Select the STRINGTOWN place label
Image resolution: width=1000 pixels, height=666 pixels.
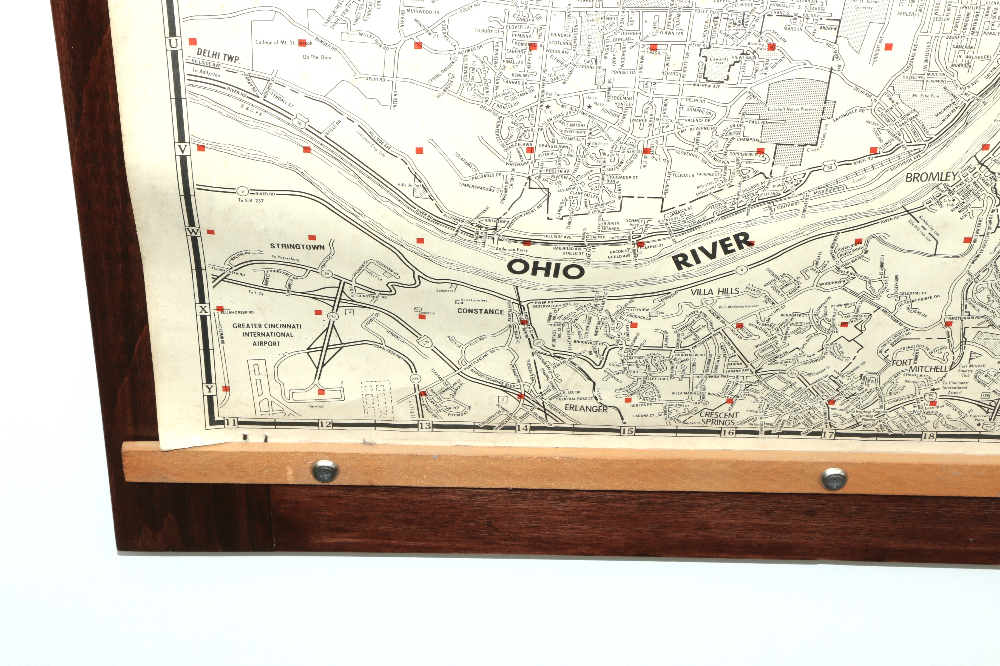(297, 246)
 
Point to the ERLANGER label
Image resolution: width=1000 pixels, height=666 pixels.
(586, 409)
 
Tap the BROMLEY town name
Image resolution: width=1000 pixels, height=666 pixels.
(931, 177)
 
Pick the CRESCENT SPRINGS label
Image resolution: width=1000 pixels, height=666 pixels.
(718, 418)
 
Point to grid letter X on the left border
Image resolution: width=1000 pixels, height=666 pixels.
(203, 310)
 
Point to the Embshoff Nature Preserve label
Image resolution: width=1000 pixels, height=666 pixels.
(792, 109)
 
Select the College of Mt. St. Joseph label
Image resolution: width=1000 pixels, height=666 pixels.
(284, 42)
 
